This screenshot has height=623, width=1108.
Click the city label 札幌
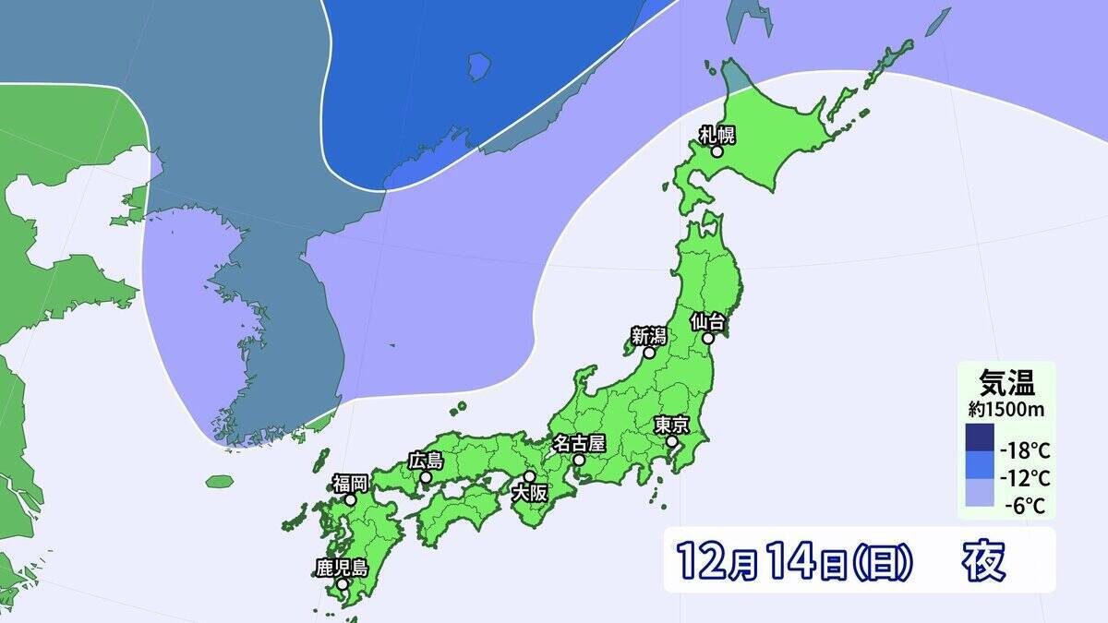click(717, 135)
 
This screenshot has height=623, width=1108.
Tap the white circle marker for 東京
click(673, 442)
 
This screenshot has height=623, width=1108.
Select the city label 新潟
click(649, 336)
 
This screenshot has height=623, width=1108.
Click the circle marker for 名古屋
click(578, 459)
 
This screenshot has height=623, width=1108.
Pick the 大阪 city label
click(530, 494)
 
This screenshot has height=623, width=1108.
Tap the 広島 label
click(426, 461)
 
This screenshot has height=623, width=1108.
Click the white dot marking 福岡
click(351, 499)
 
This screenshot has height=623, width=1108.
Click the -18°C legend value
click(1025, 451)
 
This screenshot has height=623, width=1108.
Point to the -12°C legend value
click(1025, 478)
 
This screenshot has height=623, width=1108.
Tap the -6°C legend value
click(1028, 505)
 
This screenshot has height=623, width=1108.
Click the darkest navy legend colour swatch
click(980, 437)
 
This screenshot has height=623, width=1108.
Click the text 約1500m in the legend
click(1006, 407)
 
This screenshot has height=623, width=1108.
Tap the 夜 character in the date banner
click(983, 558)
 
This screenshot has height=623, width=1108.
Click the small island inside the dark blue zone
click(478, 66)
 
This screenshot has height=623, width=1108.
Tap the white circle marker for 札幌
click(717, 151)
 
